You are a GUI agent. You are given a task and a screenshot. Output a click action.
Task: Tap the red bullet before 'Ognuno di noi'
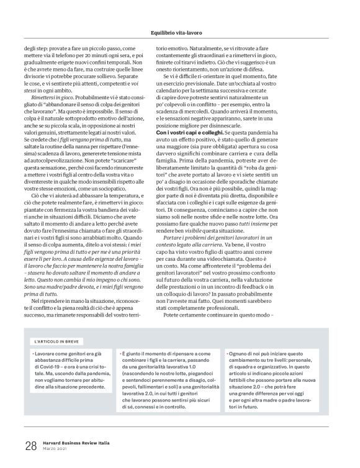pyautogui.click(x=230, y=353)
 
